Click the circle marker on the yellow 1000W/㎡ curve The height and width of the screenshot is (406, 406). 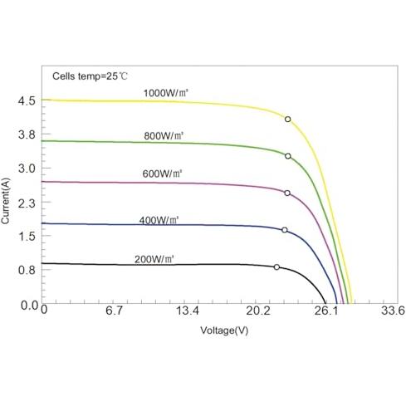click(288, 120)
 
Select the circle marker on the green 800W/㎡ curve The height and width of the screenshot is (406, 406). click(288, 156)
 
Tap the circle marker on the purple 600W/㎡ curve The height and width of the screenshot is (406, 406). click(287, 193)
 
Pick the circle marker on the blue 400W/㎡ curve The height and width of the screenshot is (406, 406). click(285, 230)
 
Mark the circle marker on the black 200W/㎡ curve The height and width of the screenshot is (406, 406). click(276, 267)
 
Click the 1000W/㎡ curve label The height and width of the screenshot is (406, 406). click(165, 93)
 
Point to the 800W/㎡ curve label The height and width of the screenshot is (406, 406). click(164, 136)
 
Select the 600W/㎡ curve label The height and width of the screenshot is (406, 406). click(162, 174)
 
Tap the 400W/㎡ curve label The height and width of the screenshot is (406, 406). click(159, 220)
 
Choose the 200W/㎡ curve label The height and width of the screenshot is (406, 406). click(154, 259)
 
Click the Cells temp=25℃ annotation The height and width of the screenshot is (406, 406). click(90, 76)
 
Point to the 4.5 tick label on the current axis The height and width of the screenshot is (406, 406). click(27, 100)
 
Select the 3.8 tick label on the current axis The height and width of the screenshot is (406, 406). click(27, 135)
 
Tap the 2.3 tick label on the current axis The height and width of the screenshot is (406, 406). click(27, 203)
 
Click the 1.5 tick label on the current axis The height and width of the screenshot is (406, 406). click(27, 236)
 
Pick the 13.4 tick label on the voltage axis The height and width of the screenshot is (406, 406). click(188, 311)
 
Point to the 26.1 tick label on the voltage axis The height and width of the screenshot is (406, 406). click(326, 311)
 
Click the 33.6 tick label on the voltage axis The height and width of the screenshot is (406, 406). click(393, 311)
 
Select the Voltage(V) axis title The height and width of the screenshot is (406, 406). click(224, 330)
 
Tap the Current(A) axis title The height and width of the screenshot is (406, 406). click(5, 201)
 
